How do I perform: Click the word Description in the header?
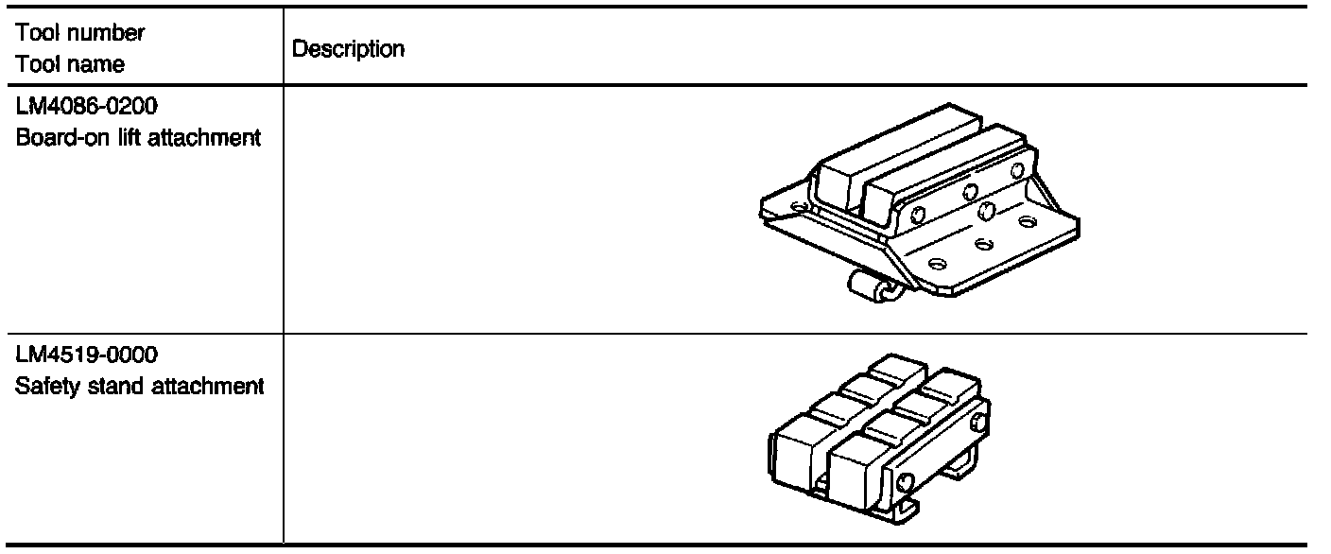pyautogui.click(x=349, y=50)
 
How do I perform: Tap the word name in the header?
pyautogui.click(x=99, y=65)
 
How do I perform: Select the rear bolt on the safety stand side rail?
pyautogui.click(x=975, y=414)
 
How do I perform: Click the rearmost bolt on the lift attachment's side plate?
pyautogui.click(x=1017, y=171)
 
